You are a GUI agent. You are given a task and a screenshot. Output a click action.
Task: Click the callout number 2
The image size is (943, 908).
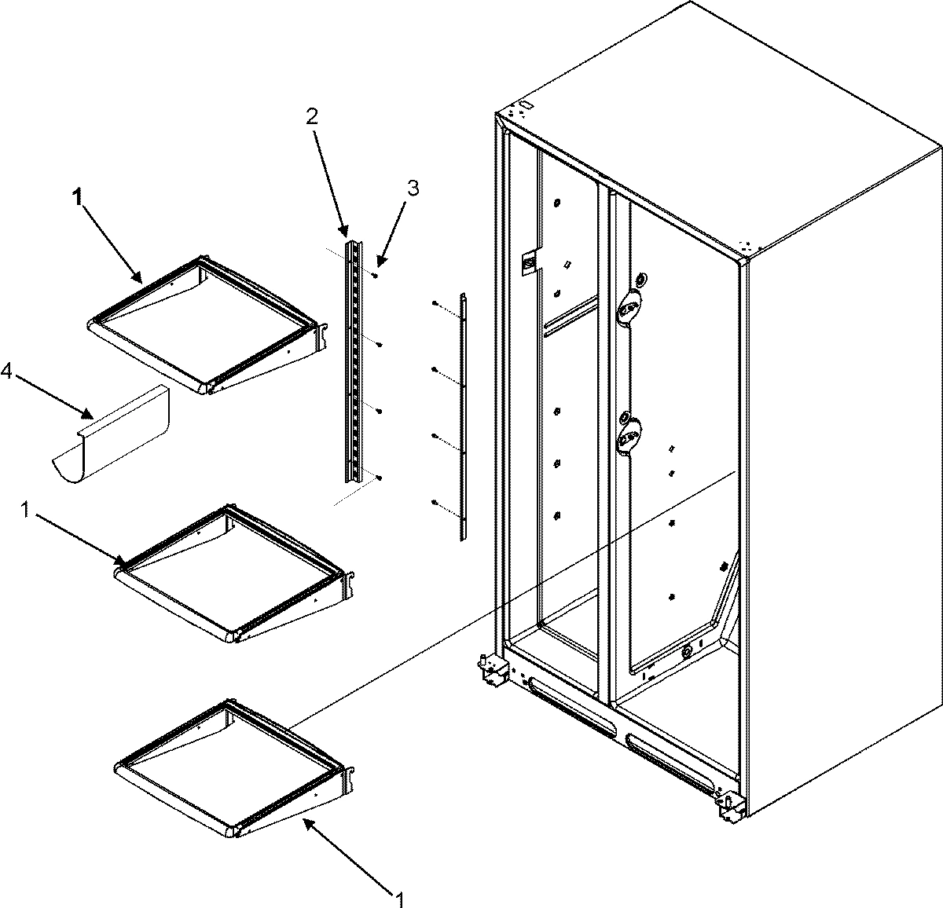312,116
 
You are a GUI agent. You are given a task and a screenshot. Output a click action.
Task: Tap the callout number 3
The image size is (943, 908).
412,167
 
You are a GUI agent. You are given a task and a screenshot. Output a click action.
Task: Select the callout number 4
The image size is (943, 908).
7,373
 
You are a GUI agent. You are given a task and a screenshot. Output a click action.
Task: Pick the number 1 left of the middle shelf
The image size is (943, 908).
25,511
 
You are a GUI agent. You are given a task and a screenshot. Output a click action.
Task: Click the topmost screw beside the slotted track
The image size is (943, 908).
379,276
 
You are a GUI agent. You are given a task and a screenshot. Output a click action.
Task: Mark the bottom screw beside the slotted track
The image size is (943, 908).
379,477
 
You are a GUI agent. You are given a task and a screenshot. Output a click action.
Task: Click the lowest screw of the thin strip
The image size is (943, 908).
434,503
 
